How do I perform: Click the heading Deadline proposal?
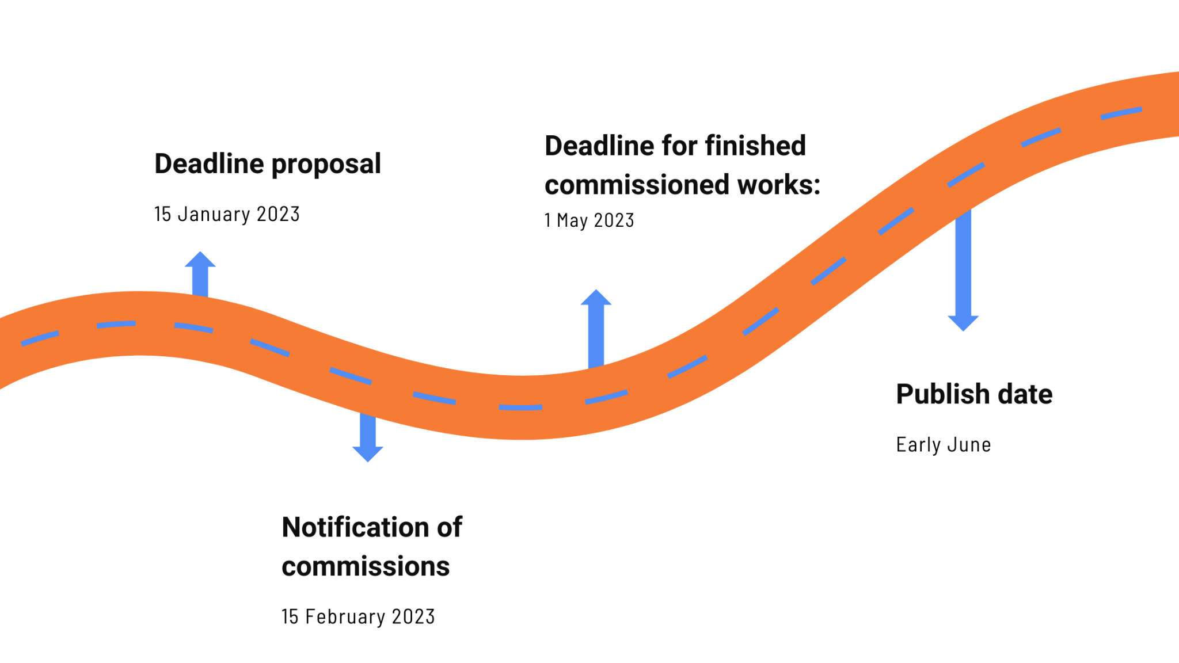tap(268, 164)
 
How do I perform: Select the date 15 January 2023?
tap(227, 214)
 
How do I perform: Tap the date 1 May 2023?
tap(589, 220)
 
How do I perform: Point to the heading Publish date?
tap(974, 395)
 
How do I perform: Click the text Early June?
tap(943, 445)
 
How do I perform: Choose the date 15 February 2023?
tap(358, 616)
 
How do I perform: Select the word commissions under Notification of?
tap(366, 566)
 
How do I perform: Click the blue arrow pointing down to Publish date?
tap(963, 270)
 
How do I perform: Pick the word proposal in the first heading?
tap(326, 165)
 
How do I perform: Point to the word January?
tap(214, 214)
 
